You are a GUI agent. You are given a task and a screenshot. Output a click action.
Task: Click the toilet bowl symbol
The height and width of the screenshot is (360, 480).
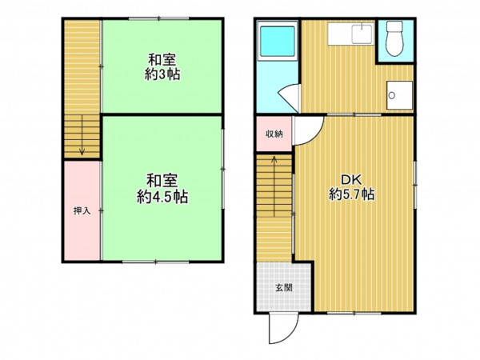(394, 44)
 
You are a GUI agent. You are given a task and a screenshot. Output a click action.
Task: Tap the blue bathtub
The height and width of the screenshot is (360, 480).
(278, 41)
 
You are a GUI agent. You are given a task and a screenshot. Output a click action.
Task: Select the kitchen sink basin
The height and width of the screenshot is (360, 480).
(362, 34)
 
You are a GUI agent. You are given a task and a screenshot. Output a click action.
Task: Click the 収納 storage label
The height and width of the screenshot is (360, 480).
(274, 134)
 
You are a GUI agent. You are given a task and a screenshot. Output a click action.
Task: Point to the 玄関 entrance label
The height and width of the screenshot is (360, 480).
(284, 288)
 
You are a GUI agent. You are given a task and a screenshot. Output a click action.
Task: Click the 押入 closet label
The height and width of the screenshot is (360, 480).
(82, 210)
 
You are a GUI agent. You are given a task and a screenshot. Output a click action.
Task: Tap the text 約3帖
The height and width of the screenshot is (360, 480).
(162, 74)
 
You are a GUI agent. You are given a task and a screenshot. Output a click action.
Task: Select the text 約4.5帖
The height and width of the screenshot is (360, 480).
(162, 197)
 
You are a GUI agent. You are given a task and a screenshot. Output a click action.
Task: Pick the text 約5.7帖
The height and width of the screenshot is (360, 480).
(352, 194)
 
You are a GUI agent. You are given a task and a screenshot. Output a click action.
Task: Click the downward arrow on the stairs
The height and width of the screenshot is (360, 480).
(82, 135)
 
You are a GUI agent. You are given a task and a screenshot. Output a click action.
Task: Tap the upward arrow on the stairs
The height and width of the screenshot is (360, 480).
(274, 186)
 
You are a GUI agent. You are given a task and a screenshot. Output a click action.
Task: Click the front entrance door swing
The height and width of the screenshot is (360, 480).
(283, 329)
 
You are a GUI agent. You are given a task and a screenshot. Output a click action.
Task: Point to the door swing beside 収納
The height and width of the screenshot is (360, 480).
(309, 130)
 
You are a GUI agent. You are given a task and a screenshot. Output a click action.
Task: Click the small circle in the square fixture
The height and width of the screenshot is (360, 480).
(391, 95)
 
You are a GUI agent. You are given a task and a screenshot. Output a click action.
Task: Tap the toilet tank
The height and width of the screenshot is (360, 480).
(394, 26)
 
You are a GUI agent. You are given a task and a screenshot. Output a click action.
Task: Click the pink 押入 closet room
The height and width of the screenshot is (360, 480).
(82, 210)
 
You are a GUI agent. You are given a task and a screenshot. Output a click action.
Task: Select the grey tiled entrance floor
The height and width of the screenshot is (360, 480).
(284, 287)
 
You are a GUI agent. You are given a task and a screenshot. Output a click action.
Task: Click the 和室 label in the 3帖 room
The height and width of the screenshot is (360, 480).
(162, 60)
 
